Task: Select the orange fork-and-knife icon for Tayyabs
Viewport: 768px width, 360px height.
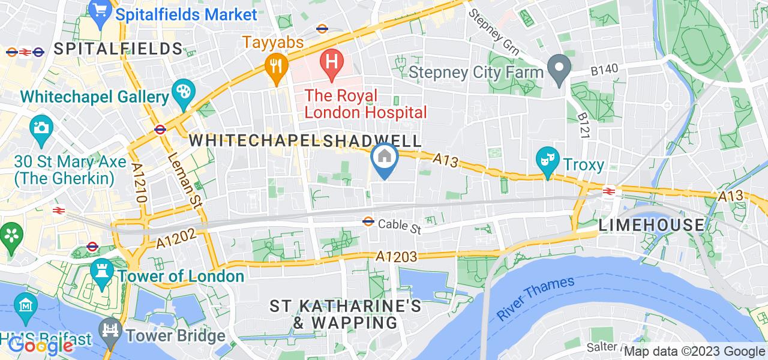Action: [x=276, y=65]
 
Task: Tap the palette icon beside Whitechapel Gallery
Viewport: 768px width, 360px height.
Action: [x=181, y=93]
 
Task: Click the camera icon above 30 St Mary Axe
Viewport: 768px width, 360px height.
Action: [x=41, y=128]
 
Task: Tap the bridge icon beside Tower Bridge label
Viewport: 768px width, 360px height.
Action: [x=110, y=331]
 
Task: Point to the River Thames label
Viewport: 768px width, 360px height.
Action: [x=536, y=298]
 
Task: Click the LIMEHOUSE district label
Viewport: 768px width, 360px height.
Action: [x=652, y=225]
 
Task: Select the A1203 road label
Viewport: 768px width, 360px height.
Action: [x=397, y=256]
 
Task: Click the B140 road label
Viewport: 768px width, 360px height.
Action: [x=604, y=71]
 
